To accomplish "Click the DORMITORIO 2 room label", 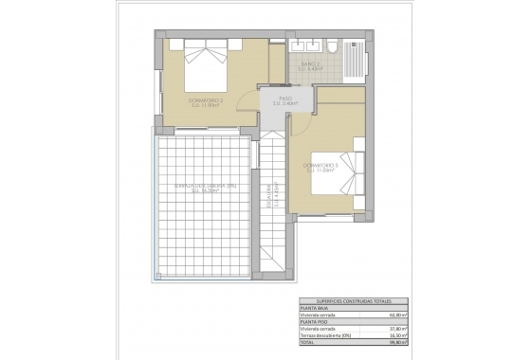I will [x=206, y=100].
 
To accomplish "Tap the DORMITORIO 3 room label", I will [x=320, y=168].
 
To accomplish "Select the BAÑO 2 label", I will [x=311, y=67].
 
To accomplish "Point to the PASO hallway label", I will [x=284, y=101].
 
